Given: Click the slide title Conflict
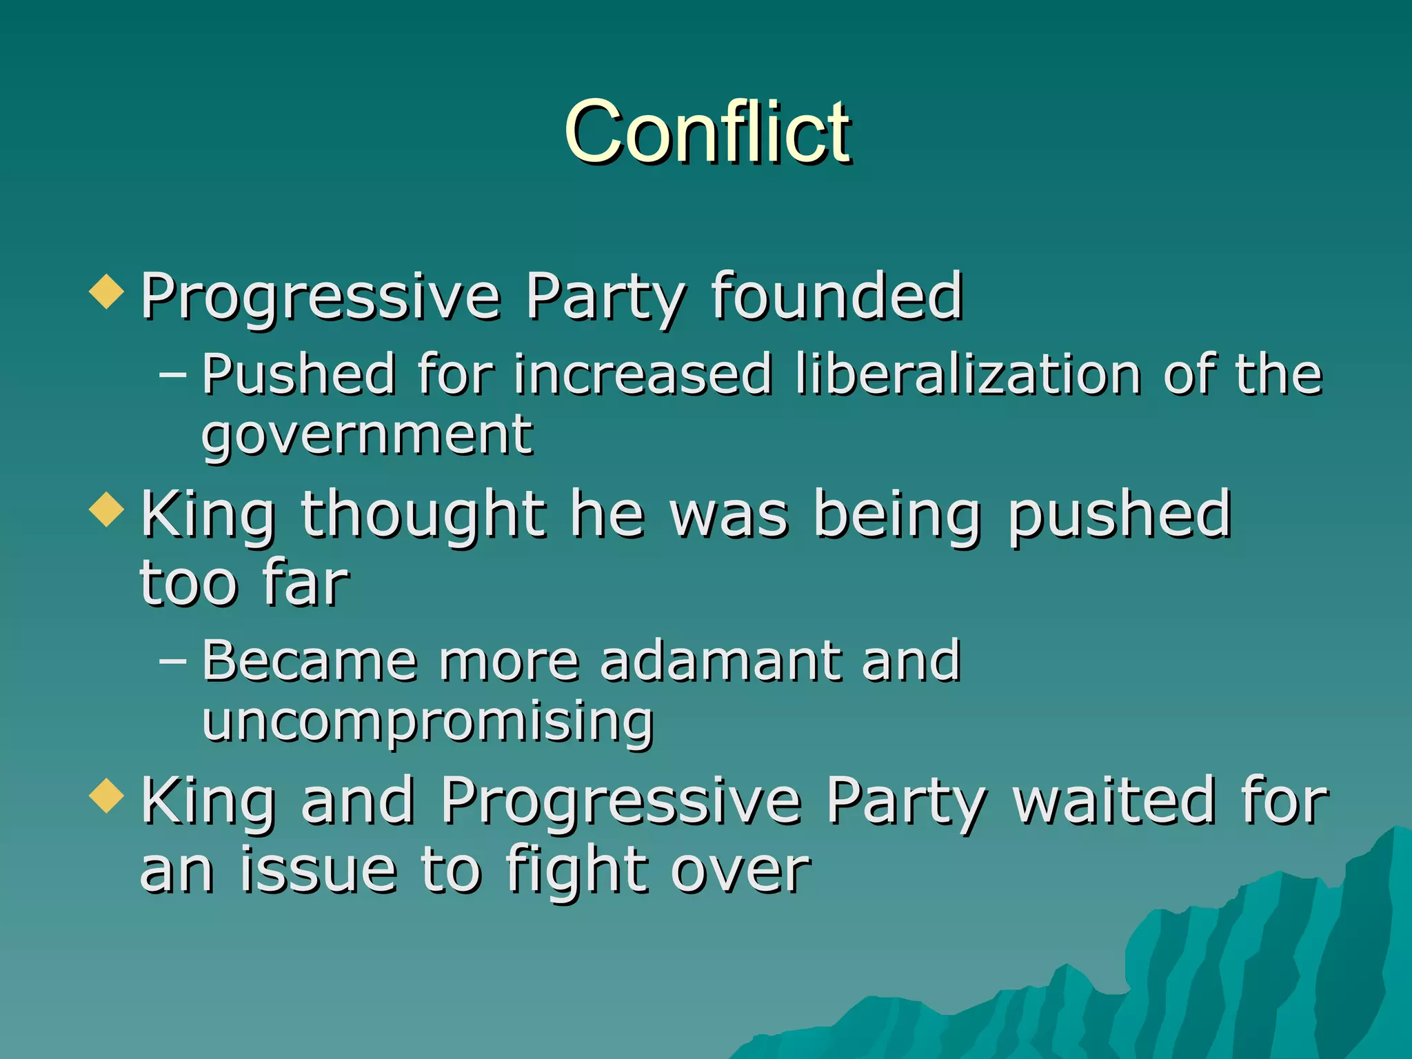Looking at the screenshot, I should pos(707,132).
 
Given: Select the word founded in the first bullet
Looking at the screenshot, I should pos(836,296).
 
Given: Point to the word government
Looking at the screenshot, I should pos(367,437).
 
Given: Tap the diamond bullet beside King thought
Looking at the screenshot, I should pos(107,510).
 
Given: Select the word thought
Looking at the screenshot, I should pos(423,516).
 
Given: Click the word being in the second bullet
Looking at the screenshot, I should pos(898,516).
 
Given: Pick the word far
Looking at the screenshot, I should pos(305,583).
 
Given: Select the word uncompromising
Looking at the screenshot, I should pos(427,723).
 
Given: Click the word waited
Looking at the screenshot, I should pos(1113,801).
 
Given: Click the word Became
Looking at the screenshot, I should pos(310,660).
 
